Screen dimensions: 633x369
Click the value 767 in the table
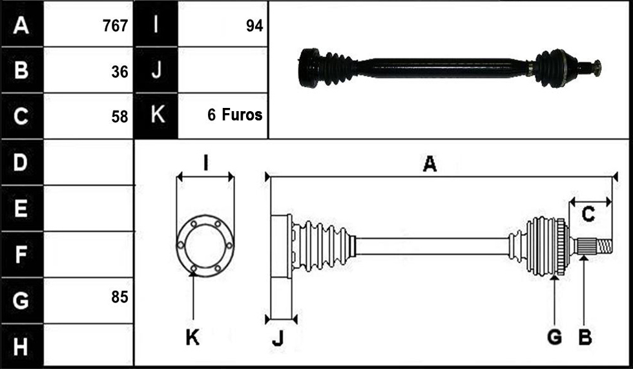[x=115, y=26]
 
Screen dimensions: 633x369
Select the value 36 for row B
[x=119, y=72]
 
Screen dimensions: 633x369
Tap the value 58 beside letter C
[x=119, y=117]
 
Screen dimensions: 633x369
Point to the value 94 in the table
[x=254, y=26]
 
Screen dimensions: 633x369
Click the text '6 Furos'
[x=235, y=115]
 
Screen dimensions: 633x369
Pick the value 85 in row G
[x=119, y=297]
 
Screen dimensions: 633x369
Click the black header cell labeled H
[x=22, y=346]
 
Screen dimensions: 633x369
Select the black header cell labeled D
[x=22, y=162]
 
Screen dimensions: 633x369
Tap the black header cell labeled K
[x=156, y=116]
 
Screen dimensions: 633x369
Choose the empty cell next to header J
[x=223, y=70]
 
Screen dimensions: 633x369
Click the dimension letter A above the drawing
[x=430, y=164]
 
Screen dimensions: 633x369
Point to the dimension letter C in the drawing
[x=588, y=214]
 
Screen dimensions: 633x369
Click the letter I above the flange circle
[x=206, y=163]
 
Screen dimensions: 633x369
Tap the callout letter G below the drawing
[x=555, y=337]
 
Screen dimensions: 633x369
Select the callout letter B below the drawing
[x=585, y=337]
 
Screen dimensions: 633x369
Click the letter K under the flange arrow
[x=192, y=337]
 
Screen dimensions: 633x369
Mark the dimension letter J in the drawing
[x=278, y=339]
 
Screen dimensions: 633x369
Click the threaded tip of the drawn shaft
[x=605, y=246]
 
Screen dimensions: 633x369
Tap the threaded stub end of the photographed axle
[x=597, y=67]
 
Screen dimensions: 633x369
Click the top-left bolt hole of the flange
[x=194, y=223]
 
